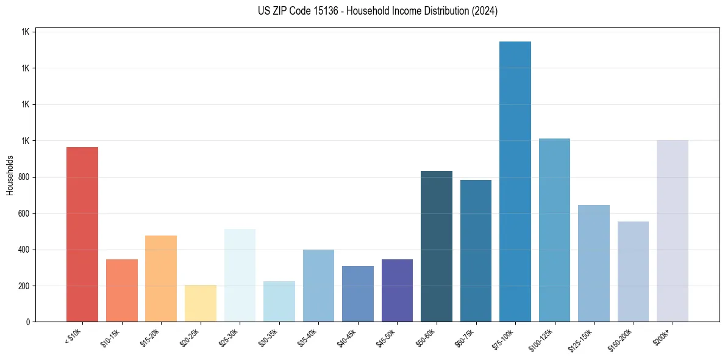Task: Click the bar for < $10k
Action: [82, 234]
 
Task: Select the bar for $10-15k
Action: [121, 290]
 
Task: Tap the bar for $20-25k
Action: [200, 303]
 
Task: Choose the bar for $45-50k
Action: [397, 290]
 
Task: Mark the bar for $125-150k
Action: [594, 263]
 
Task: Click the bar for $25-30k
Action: [240, 275]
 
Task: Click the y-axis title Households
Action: [10, 175]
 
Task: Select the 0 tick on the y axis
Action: [28, 322]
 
